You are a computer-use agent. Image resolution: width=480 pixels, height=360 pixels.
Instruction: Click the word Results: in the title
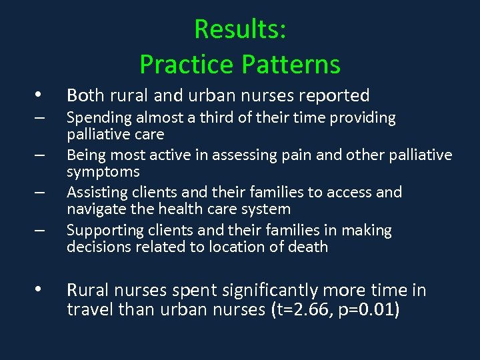click(240, 30)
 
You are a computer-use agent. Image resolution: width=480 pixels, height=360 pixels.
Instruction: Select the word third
click(231, 118)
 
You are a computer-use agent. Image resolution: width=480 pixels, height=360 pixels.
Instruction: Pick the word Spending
click(99, 118)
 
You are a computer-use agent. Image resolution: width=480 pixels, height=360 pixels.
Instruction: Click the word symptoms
click(103, 172)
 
